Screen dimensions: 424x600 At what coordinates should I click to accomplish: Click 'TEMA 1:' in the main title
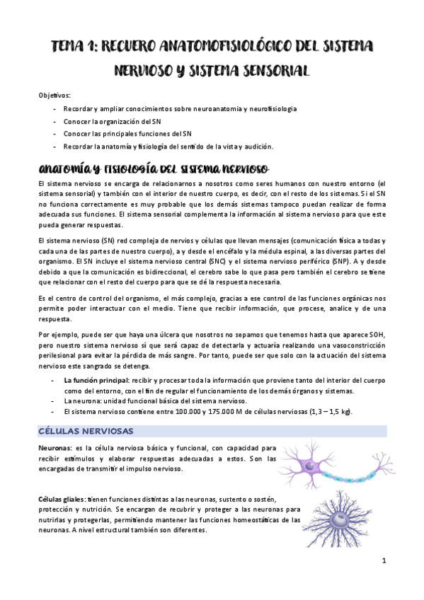[x=74, y=47]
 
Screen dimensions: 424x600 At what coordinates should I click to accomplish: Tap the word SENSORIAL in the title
[x=268, y=71]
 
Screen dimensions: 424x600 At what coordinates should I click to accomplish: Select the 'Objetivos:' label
[x=55, y=95]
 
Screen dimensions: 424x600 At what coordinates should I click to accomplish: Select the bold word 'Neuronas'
[x=54, y=448]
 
